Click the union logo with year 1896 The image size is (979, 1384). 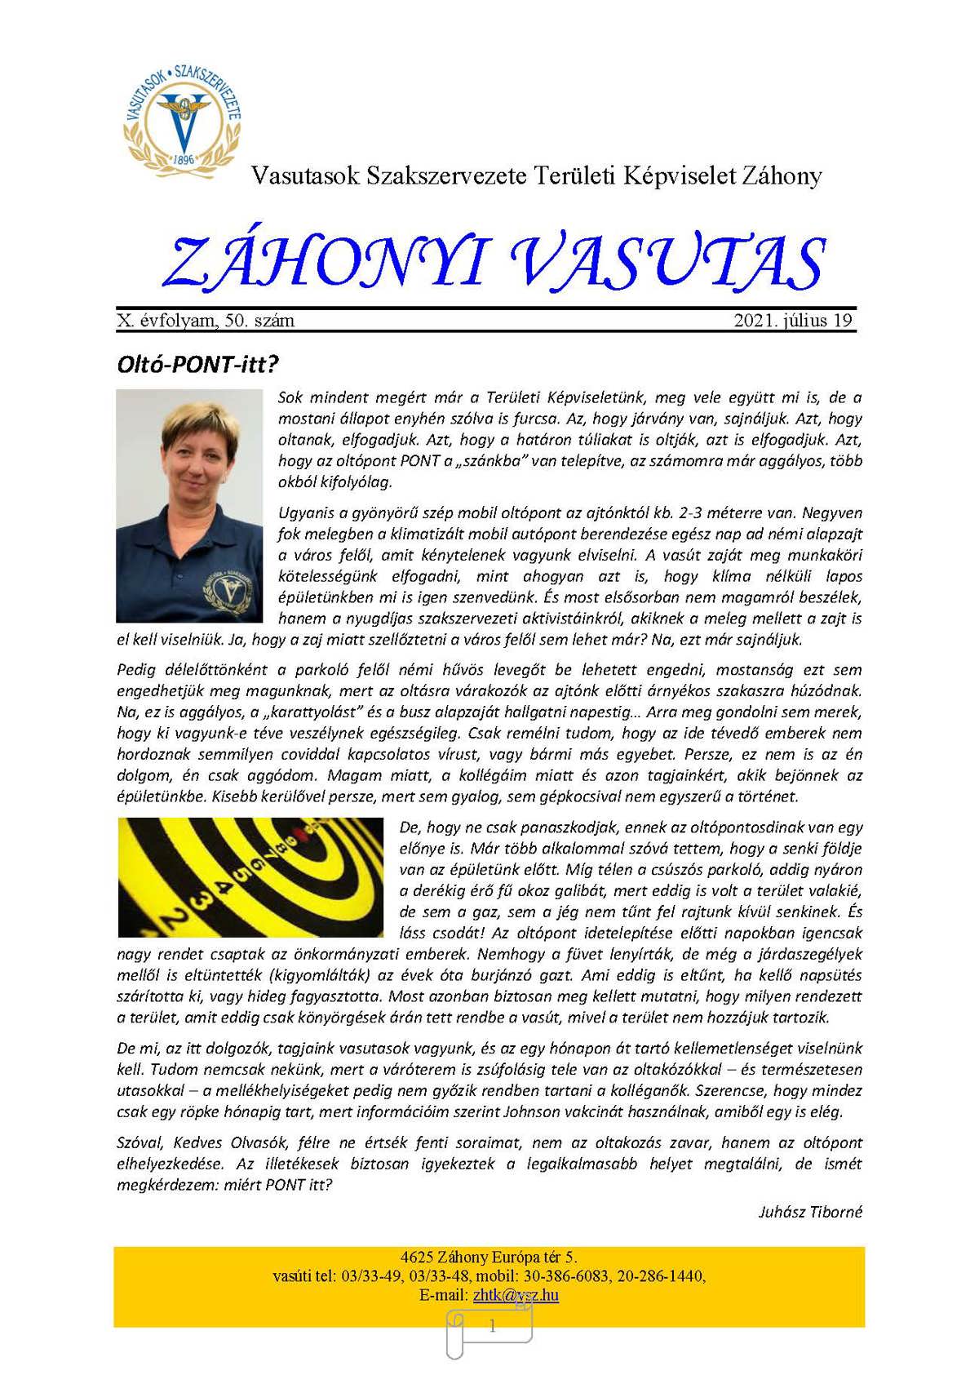pos(183,116)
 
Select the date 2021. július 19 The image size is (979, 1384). pos(793,321)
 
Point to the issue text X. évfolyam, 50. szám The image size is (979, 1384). pos(206,321)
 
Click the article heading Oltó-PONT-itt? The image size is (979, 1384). pos(193,364)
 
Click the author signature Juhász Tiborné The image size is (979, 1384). pos(810,1212)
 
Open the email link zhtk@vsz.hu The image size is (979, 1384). pos(516,1295)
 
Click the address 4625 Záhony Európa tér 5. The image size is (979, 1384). pos(489,1257)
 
